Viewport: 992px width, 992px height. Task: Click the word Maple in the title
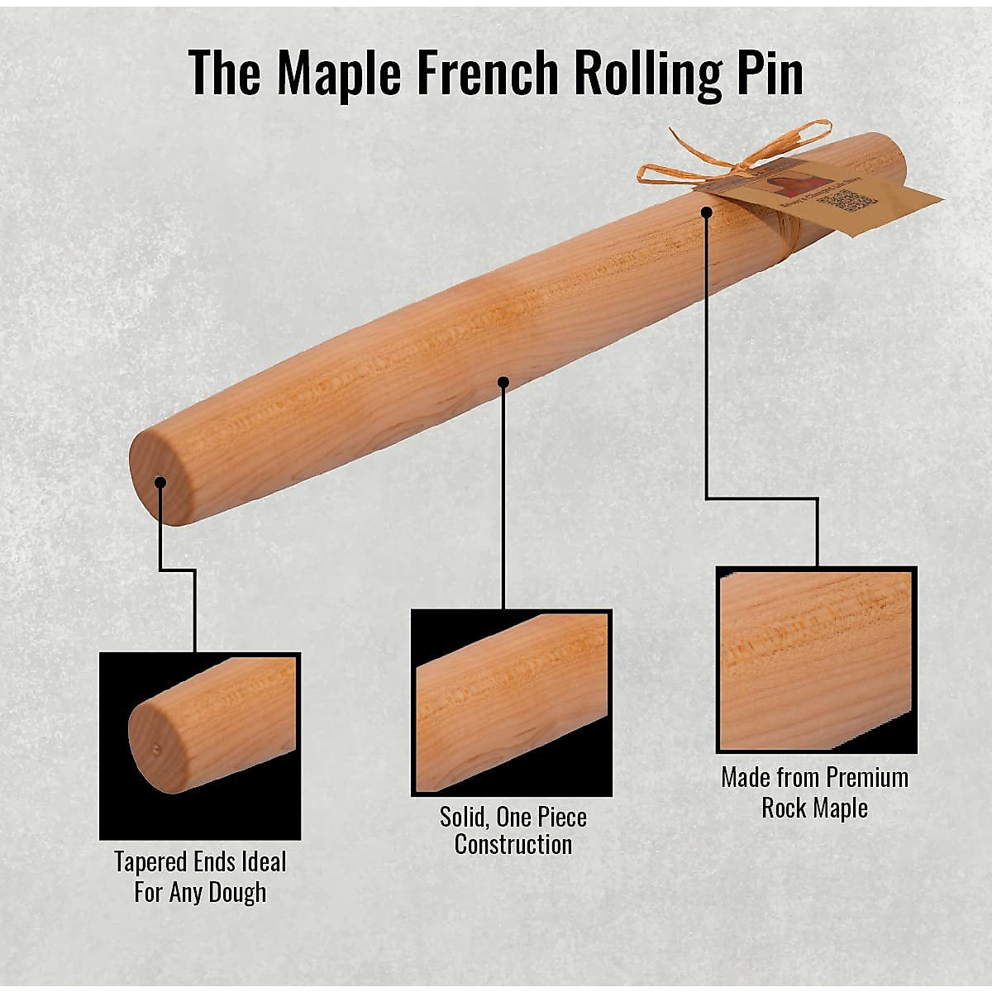[339, 73]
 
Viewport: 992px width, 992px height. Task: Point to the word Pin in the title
[766, 73]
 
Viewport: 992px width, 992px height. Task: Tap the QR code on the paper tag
[851, 201]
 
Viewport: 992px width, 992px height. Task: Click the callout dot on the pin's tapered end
[160, 483]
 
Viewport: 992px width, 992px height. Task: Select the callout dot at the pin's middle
[503, 382]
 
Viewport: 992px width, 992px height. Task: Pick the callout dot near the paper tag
[706, 212]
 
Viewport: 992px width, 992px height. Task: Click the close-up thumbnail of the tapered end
[199, 745]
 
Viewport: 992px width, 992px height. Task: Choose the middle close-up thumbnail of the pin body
[511, 702]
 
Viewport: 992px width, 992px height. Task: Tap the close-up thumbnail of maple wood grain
[816, 660]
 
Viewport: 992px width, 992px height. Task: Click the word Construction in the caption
[513, 845]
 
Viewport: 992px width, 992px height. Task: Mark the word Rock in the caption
[783, 808]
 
